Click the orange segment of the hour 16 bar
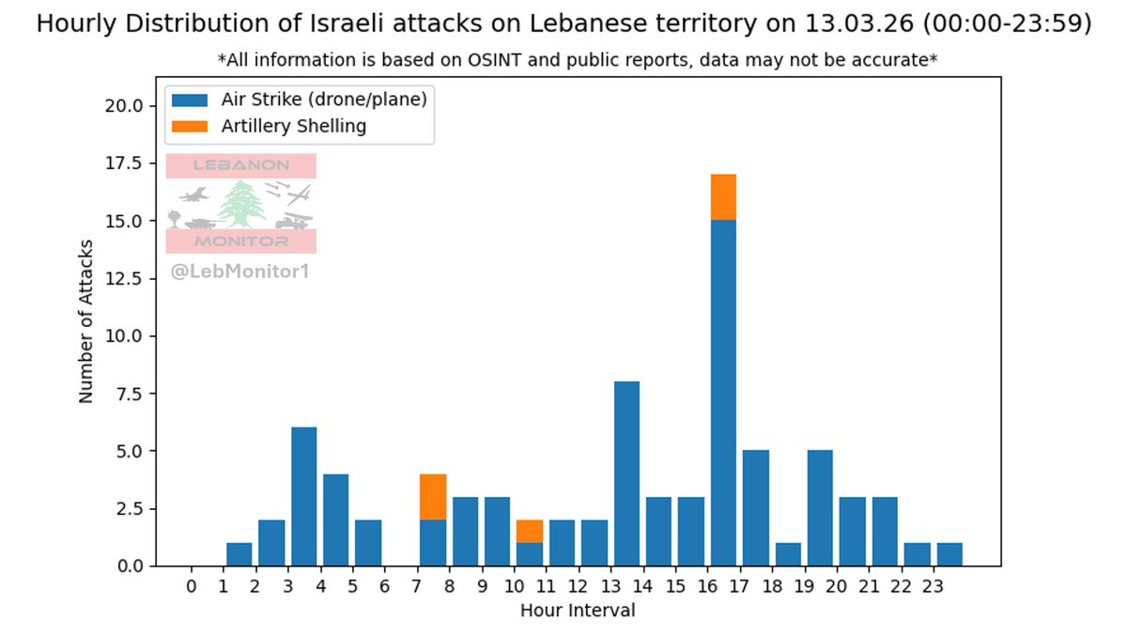pyautogui.click(x=723, y=197)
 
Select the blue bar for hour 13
pyautogui.click(x=626, y=473)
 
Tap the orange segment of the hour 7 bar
pyautogui.click(x=433, y=497)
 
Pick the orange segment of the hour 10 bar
pyautogui.click(x=530, y=531)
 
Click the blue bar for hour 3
pyautogui.click(x=304, y=496)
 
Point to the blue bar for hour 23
pyautogui.click(x=949, y=554)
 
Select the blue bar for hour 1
pyautogui.click(x=239, y=554)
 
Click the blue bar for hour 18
pyautogui.click(x=788, y=554)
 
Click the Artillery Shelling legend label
pyautogui.click(x=293, y=126)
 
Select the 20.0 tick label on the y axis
pyautogui.click(x=123, y=105)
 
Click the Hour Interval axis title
pyautogui.click(x=578, y=612)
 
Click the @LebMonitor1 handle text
pyautogui.click(x=239, y=272)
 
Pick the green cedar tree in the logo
pyautogui.click(x=242, y=204)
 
